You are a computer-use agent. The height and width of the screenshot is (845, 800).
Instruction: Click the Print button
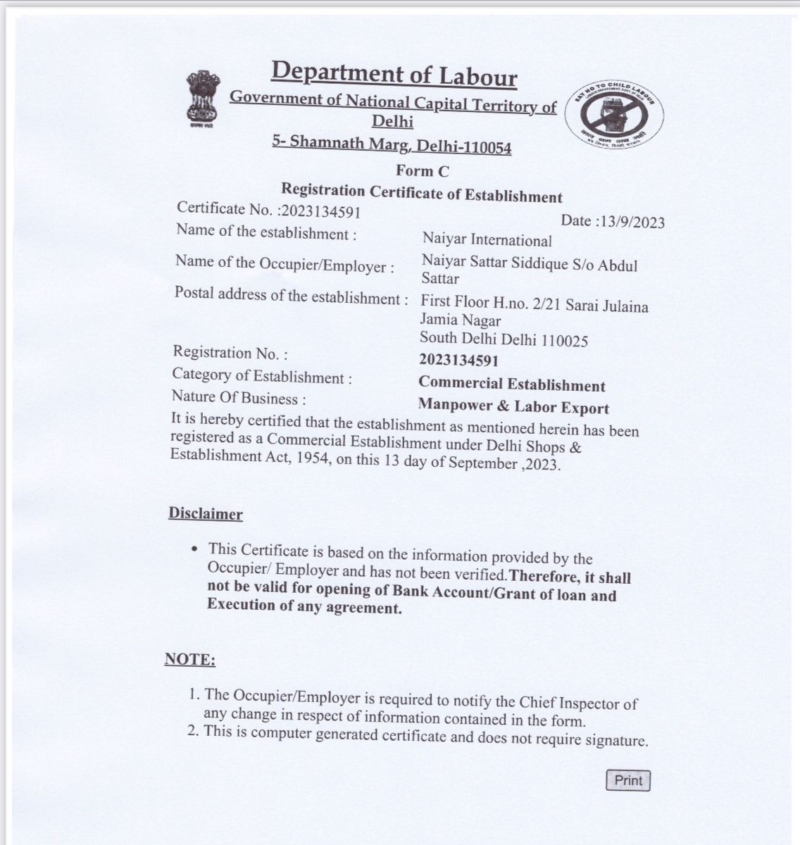[628, 780]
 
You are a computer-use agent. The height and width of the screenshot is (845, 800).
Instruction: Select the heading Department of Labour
[394, 74]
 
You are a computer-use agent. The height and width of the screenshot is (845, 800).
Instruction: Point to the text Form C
[422, 171]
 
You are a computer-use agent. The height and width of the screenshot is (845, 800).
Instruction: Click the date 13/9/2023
[630, 222]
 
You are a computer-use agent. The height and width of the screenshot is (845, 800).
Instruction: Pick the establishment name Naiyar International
[487, 241]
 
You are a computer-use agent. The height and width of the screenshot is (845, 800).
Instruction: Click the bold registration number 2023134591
[458, 361]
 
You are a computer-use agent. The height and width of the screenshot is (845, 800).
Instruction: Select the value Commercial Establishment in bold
[512, 384]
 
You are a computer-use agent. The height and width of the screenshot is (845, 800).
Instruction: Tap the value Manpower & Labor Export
[513, 406]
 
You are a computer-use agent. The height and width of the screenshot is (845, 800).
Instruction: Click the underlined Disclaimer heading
[206, 514]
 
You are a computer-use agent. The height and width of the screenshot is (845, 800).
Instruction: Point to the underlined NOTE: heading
[190, 660]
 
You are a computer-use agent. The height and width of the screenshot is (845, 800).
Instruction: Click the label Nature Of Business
[239, 399]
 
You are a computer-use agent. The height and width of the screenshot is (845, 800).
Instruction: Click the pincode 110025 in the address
[564, 342]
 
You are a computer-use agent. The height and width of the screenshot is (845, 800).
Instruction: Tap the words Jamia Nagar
[461, 321]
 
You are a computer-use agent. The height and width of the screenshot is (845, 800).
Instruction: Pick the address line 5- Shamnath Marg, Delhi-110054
[392, 144]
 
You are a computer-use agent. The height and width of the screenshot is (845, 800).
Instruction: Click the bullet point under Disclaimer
[194, 549]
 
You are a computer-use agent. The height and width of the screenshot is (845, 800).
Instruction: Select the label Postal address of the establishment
[291, 296]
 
